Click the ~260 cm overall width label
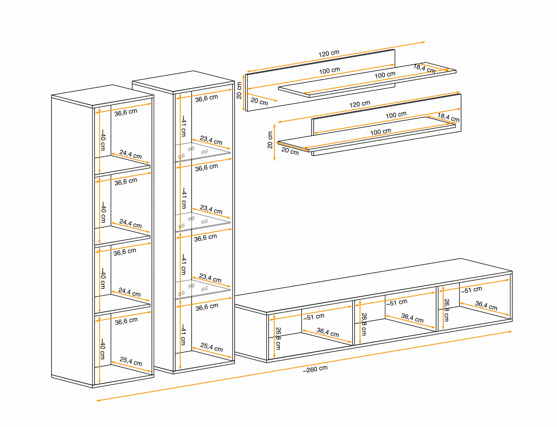(x=315, y=369)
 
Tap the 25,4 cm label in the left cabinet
(x=131, y=361)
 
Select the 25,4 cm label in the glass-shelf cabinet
(x=212, y=347)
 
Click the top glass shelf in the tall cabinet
(x=203, y=152)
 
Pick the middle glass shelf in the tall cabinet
(x=203, y=222)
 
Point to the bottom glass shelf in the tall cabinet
(x=203, y=290)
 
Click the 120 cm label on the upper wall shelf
(x=329, y=53)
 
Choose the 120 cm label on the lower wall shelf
(x=360, y=104)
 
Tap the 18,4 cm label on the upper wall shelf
(x=424, y=69)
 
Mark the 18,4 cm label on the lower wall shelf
(x=448, y=117)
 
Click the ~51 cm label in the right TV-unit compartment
(x=471, y=290)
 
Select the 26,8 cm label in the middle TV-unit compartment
(x=364, y=324)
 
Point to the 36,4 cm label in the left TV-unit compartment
(x=328, y=332)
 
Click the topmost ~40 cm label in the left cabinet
(x=103, y=140)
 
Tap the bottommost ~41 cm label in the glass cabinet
(x=184, y=335)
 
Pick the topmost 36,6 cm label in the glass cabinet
(x=206, y=98)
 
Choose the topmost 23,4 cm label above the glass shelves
(x=211, y=140)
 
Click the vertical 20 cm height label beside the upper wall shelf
(x=239, y=90)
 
